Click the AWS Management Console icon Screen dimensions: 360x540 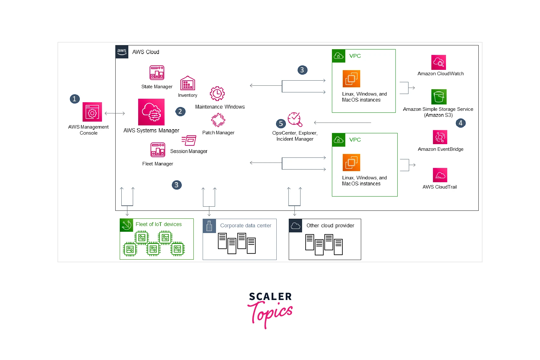pos(92,112)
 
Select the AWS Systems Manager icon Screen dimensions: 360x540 pos(151,112)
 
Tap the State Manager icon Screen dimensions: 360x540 pos(157,73)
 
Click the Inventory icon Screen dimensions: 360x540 pos(188,83)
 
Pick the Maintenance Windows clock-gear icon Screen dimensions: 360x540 pos(217,94)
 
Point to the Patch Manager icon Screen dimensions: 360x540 pos(218,120)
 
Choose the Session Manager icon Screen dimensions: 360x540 pos(189,140)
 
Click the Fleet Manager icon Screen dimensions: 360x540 pos(158,150)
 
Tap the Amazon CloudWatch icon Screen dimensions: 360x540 pos(439,62)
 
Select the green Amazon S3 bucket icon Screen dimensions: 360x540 pos(439,97)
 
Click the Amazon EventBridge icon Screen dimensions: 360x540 pos(440,137)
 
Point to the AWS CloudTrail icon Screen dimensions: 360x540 pos(440,175)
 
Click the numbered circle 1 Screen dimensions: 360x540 pos(75,99)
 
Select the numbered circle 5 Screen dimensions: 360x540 pos(281,123)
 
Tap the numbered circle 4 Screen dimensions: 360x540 pos(461,123)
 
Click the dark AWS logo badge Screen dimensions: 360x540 pos(122,52)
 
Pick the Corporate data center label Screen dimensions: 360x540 pos(246,225)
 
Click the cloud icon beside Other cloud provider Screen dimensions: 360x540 pos(295,225)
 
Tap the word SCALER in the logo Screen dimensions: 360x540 pos(270,297)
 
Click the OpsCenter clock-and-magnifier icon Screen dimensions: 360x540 pos(295,119)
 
